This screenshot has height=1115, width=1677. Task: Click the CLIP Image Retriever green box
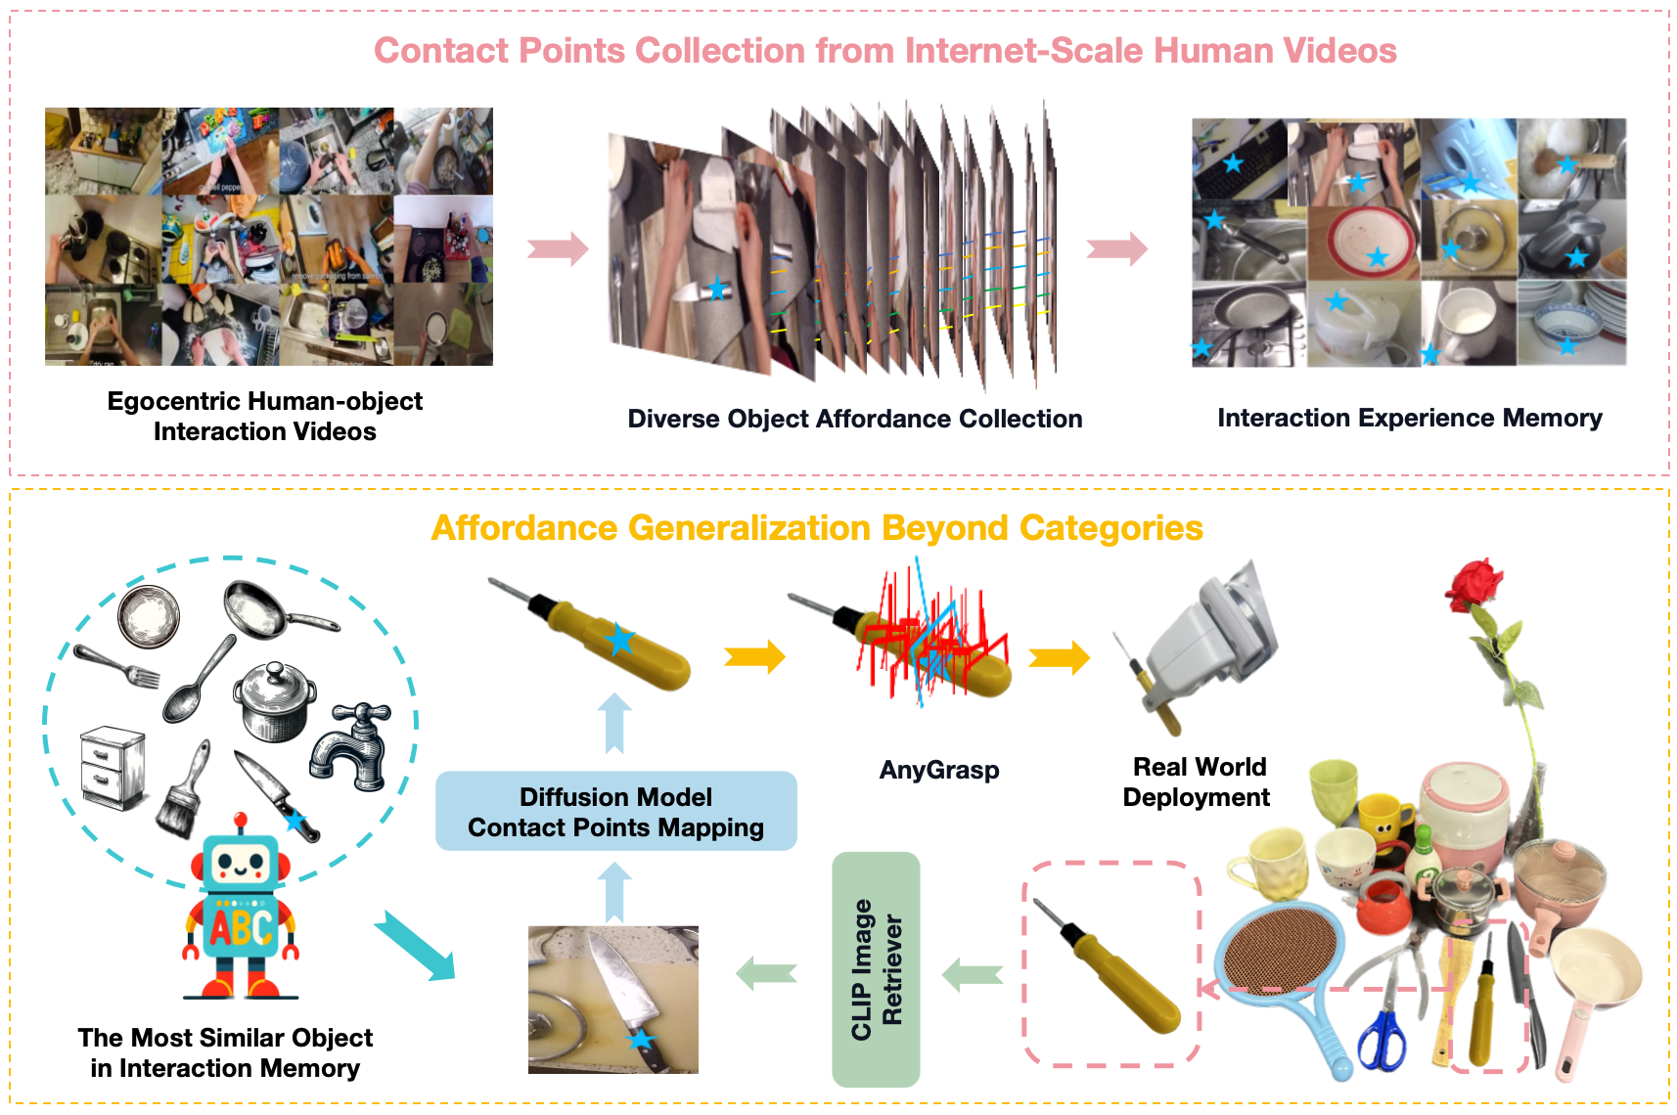pyautogui.click(x=876, y=968)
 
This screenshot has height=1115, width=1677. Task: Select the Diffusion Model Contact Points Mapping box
pyautogui.click(x=615, y=811)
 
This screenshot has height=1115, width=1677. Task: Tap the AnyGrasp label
pyautogui.click(x=939, y=770)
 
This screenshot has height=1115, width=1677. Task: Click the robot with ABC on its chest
pyautogui.click(x=240, y=905)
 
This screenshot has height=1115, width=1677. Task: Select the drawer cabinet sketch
pyautogui.click(x=113, y=767)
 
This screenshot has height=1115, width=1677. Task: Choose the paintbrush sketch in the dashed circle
pyautogui.click(x=183, y=788)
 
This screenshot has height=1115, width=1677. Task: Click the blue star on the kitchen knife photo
pyautogui.click(x=641, y=1039)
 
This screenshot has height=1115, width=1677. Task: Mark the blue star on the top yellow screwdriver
pyautogui.click(x=620, y=640)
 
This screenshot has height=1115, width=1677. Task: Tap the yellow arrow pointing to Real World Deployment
pyautogui.click(x=1059, y=657)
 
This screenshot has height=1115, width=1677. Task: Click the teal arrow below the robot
pyautogui.click(x=416, y=945)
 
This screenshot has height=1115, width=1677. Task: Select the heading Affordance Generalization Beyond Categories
pyautogui.click(x=817, y=528)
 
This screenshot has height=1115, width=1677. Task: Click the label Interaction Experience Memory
pyautogui.click(x=1409, y=418)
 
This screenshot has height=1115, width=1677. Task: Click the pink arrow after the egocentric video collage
pyautogui.click(x=558, y=249)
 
